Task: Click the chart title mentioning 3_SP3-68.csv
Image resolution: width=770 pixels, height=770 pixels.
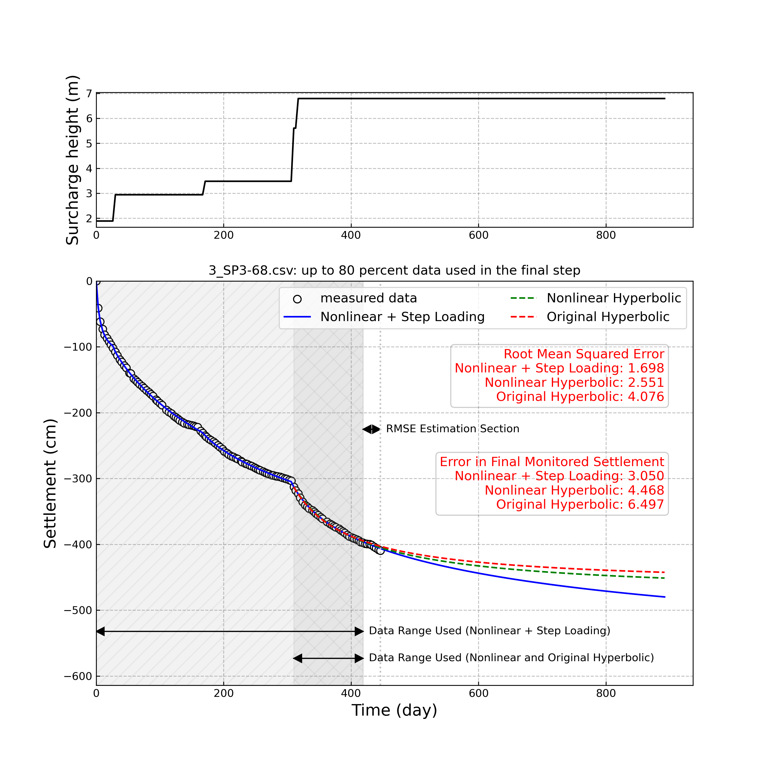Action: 394,271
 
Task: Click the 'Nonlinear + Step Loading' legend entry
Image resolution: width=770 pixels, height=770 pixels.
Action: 402,317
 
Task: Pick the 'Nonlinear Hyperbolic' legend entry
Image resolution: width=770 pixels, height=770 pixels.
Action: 613,298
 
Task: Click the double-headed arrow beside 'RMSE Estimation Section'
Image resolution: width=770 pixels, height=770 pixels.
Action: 371,429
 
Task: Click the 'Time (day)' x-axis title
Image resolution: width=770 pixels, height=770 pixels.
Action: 394,710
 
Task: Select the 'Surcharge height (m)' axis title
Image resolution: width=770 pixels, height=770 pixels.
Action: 73,160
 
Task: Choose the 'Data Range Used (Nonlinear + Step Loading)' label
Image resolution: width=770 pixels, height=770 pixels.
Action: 489,631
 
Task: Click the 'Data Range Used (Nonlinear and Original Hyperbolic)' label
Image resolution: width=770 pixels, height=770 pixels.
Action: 511,658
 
